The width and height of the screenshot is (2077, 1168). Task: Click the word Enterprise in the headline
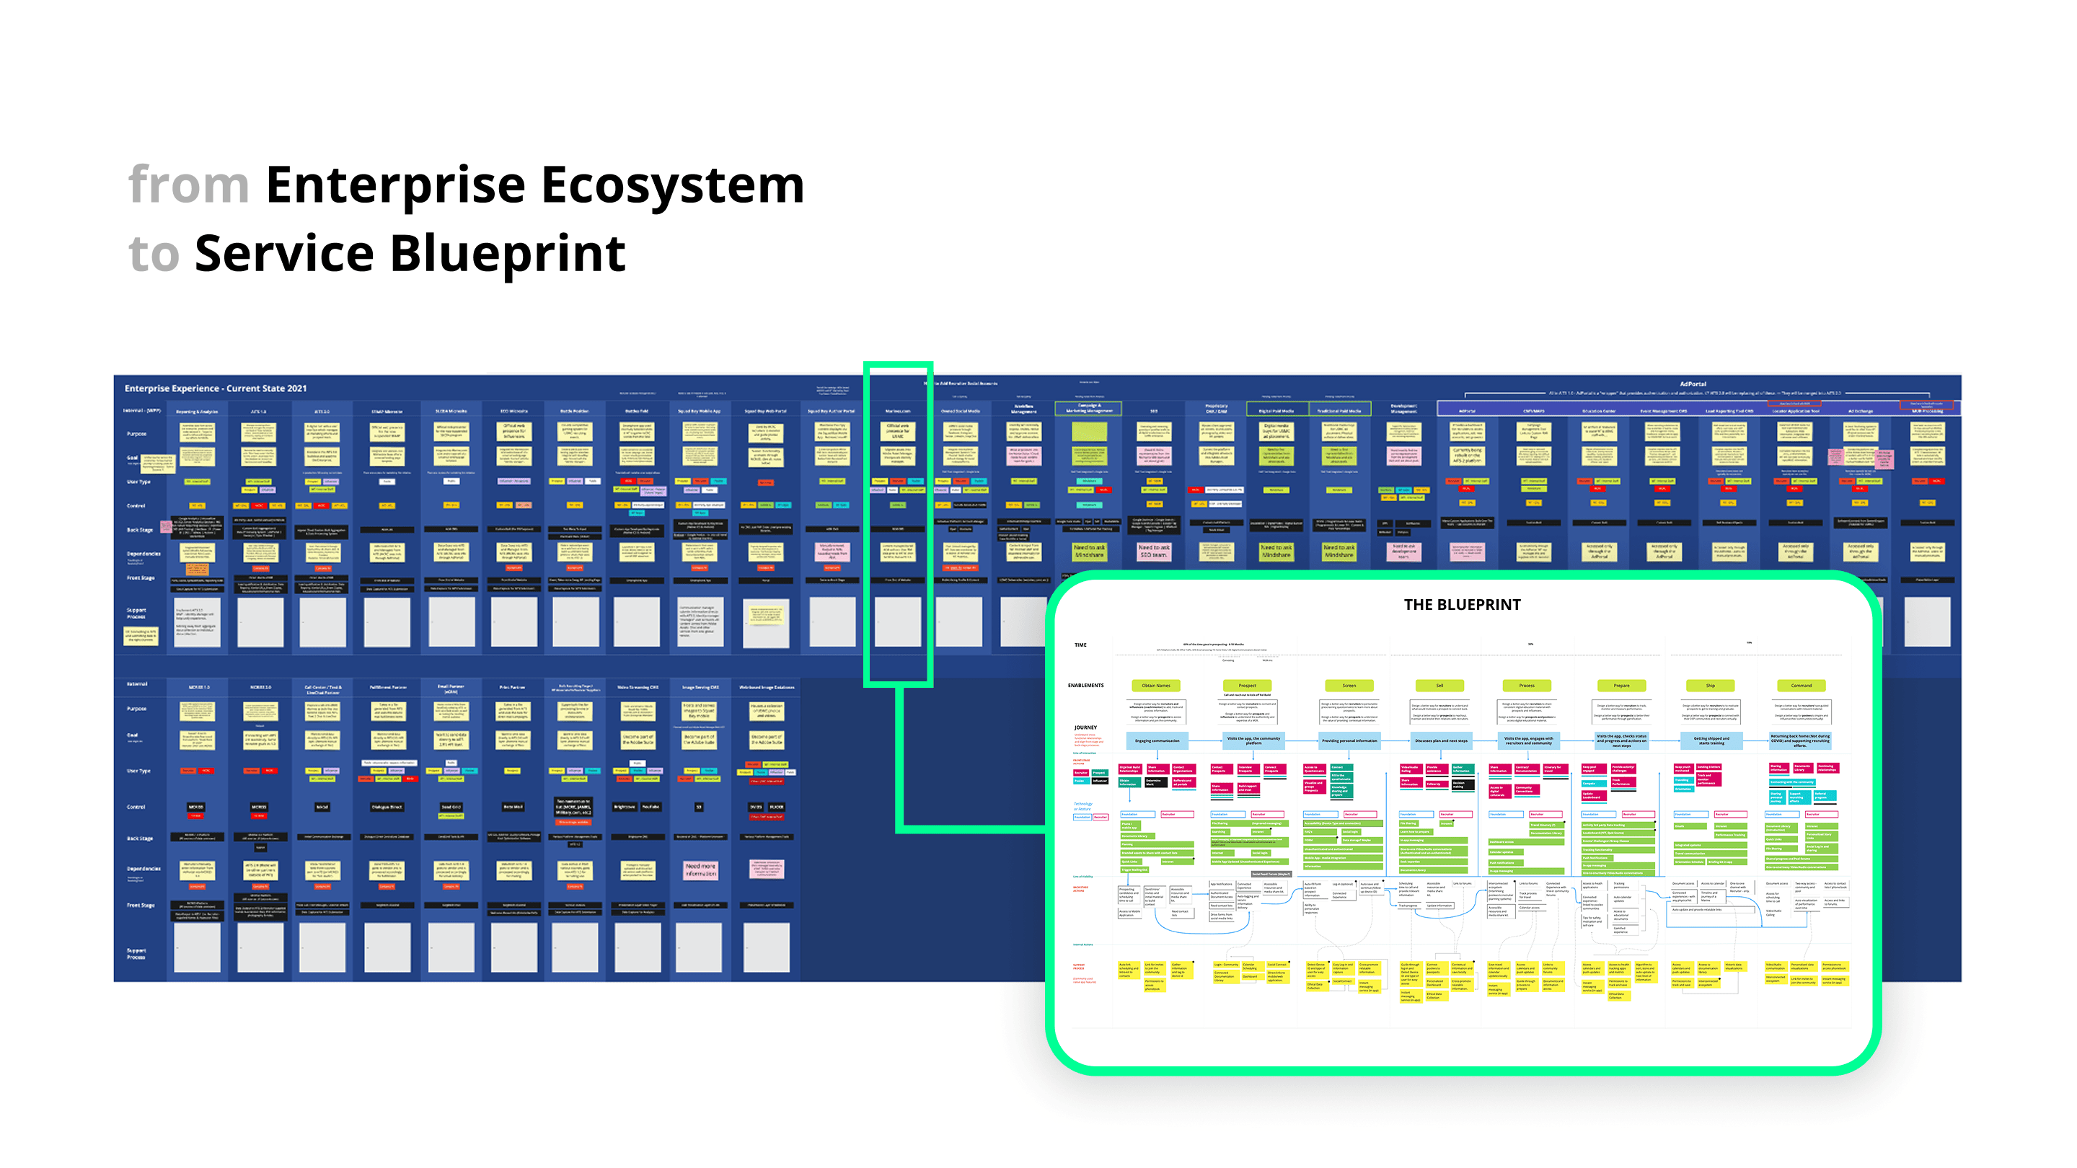pyautogui.click(x=395, y=185)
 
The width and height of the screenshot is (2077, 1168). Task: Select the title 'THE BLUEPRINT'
pyautogui.click(x=1462, y=605)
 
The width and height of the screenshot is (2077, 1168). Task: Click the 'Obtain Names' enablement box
pyautogui.click(x=1155, y=685)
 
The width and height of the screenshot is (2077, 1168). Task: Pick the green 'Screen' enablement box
pyautogui.click(x=1349, y=685)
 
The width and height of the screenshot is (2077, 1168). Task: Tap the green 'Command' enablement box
pyautogui.click(x=1802, y=685)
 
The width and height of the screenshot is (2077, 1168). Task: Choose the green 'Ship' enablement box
pyautogui.click(x=1710, y=685)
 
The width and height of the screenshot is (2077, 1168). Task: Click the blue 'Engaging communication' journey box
pyautogui.click(x=1157, y=740)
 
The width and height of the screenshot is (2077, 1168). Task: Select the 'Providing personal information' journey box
pyautogui.click(x=1349, y=740)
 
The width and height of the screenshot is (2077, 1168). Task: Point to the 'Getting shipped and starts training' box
pyautogui.click(x=1711, y=740)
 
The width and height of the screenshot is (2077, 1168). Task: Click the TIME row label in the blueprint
pyautogui.click(x=1080, y=645)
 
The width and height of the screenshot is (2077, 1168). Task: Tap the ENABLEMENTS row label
pyautogui.click(x=1085, y=685)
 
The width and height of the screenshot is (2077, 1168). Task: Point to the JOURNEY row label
pyautogui.click(x=1085, y=727)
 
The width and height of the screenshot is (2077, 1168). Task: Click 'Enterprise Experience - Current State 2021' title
pyautogui.click(x=216, y=389)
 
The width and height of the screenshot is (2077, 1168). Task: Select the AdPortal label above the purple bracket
pyautogui.click(x=1693, y=384)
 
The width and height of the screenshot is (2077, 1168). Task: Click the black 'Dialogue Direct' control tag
pyautogui.click(x=387, y=807)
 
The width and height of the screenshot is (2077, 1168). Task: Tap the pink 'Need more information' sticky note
pyautogui.click(x=700, y=870)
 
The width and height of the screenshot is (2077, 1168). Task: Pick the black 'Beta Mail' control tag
pyautogui.click(x=513, y=807)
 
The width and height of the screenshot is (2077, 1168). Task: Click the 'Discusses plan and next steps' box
pyautogui.click(x=1441, y=740)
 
